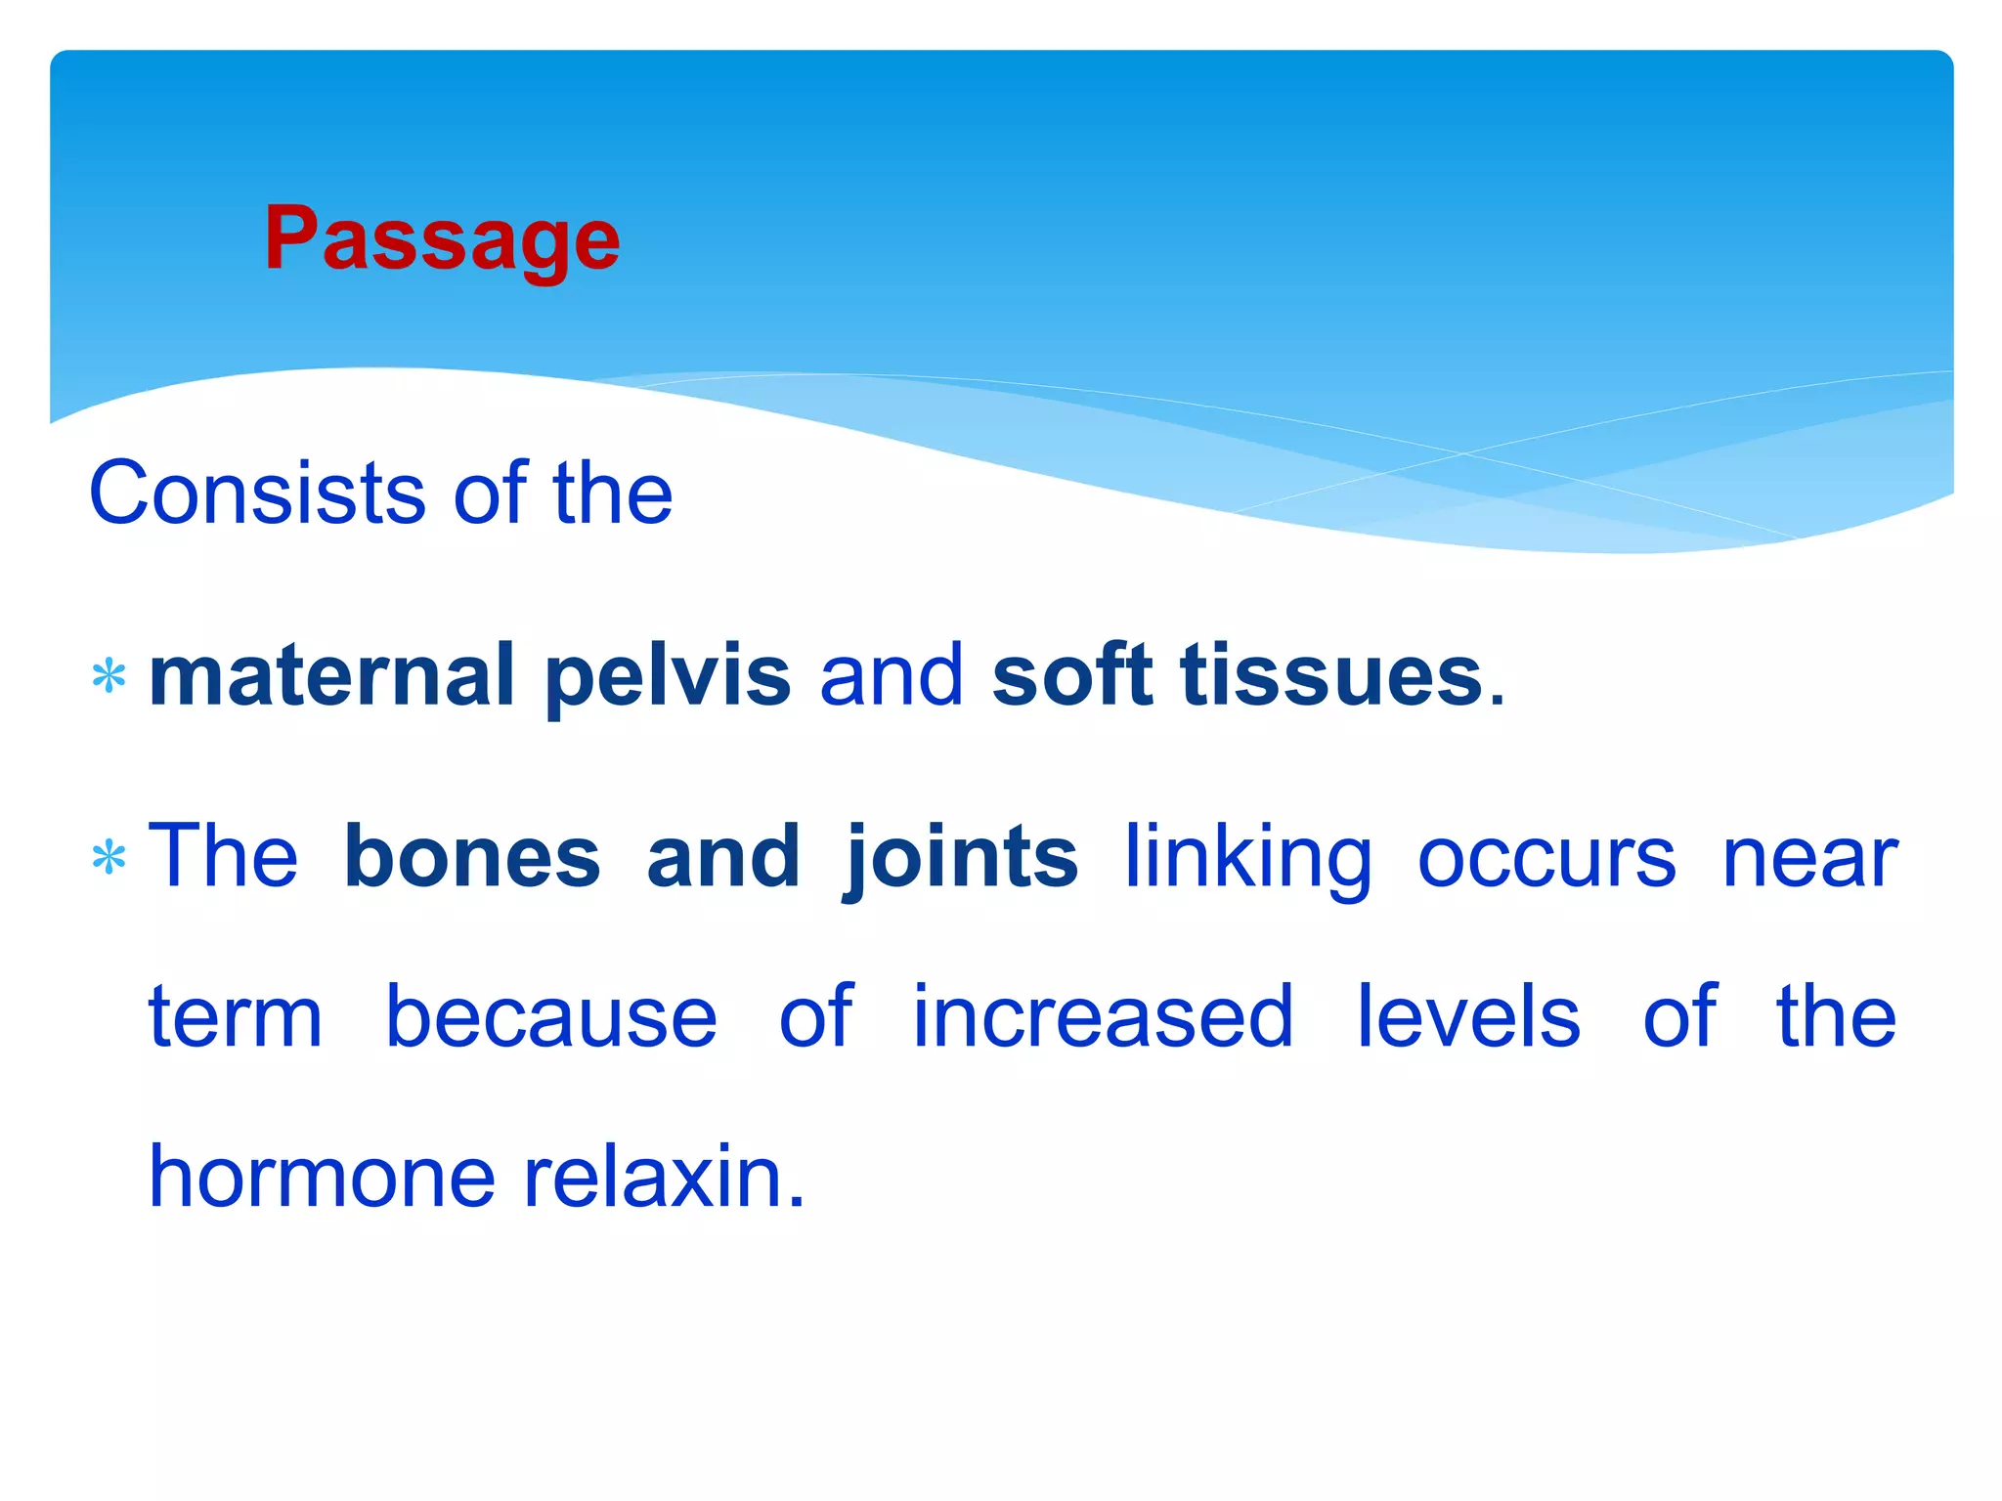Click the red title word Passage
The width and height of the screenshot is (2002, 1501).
(x=442, y=239)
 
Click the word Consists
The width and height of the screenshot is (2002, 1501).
(x=256, y=493)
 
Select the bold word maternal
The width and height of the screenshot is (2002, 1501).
(x=331, y=675)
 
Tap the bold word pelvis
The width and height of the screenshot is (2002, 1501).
(x=668, y=677)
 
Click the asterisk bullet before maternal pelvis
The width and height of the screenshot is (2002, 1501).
(x=109, y=676)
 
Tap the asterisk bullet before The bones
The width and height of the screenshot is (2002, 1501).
(x=109, y=858)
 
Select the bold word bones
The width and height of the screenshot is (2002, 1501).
(x=472, y=857)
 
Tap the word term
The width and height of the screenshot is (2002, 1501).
(x=236, y=1017)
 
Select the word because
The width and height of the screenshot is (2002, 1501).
(x=551, y=1017)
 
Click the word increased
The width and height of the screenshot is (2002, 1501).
(x=1103, y=1017)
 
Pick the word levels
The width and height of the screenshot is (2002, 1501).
(x=1468, y=1017)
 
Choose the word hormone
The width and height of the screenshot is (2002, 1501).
(x=323, y=1177)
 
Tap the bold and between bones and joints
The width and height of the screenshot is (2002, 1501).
(x=723, y=857)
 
